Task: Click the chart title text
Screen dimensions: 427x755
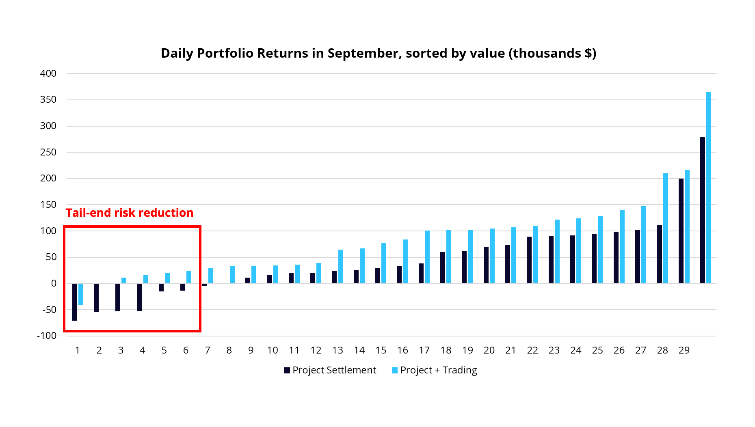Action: click(x=378, y=53)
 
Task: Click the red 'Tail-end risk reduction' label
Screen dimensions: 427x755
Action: click(x=130, y=213)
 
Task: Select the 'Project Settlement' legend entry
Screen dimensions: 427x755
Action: click(x=330, y=370)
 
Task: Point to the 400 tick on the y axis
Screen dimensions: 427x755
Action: click(x=48, y=73)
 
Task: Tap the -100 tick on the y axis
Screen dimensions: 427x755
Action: click(x=47, y=336)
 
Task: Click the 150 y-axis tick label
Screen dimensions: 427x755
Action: click(x=48, y=205)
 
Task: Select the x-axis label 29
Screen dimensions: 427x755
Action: click(x=684, y=350)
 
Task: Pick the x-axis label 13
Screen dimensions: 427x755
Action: click(x=337, y=350)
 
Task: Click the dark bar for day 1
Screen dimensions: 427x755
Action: click(x=74, y=302)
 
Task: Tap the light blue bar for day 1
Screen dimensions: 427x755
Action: click(x=81, y=294)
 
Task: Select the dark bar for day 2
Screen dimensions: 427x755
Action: click(x=96, y=298)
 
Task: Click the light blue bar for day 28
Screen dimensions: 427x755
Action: click(x=666, y=228)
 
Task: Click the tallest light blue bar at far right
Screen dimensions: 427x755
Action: click(x=709, y=187)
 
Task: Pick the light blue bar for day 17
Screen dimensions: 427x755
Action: click(x=427, y=257)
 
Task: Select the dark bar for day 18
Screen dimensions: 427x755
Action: click(x=443, y=267)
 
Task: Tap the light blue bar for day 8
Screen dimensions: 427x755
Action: click(x=232, y=275)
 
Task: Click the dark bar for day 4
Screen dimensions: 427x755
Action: click(x=139, y=297)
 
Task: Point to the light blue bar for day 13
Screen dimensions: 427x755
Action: click(x=341, y=266)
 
